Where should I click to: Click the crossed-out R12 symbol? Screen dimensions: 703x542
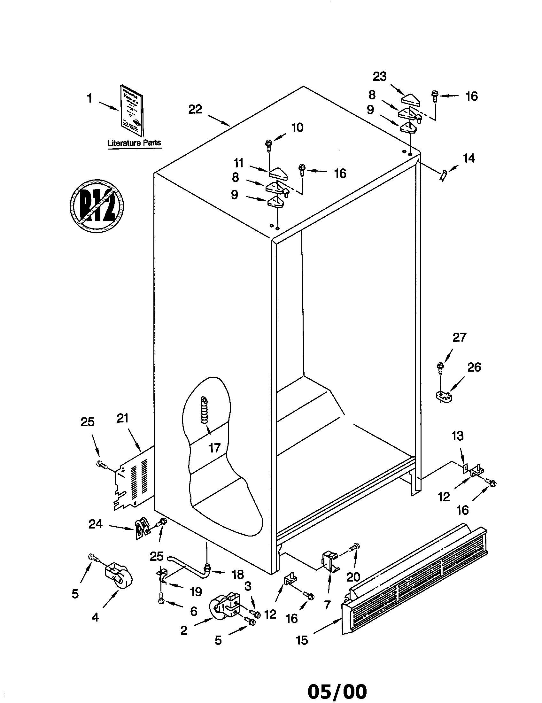(x=97, y=205)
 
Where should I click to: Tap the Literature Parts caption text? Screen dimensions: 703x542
(x=134, y=143)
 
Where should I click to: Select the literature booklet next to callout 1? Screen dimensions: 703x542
(x=132, y=110)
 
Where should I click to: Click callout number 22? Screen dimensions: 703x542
(x=195, y=109)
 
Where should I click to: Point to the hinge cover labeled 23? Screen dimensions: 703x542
(x=411, y=98)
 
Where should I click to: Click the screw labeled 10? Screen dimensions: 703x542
(x=268, y=145)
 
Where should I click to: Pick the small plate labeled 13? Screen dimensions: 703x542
(x=464, y=469)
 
